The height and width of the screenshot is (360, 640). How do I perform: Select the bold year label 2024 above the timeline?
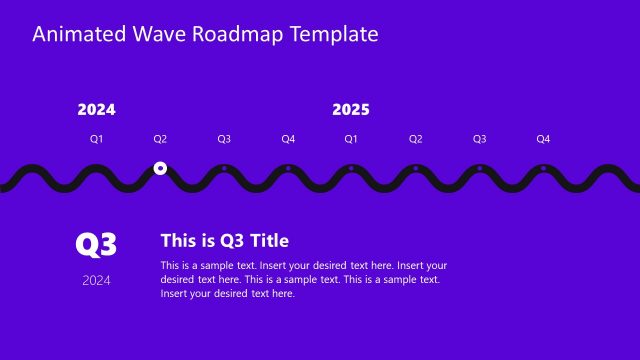pos(96,110)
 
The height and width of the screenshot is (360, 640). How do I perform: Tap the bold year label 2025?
pos(351,110)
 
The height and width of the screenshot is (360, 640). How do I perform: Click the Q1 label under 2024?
pos(96,139)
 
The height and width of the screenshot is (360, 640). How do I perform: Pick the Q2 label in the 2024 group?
pos(160,139)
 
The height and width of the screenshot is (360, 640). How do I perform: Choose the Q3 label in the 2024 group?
pos(224,139)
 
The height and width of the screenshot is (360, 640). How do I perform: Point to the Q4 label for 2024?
pos(288,139)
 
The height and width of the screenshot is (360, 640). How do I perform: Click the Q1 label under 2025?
pos(351,139)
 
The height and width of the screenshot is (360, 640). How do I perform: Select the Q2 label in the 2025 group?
pos(415,139)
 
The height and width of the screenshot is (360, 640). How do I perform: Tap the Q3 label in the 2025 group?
pos(479,139)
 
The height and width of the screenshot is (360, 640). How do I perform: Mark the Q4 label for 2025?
pos(543,139)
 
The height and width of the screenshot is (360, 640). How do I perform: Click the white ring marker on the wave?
pos(160,169)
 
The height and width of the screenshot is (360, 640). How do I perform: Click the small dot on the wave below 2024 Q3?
pos(224,168)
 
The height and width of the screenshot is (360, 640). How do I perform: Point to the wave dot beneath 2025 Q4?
pos(543,168)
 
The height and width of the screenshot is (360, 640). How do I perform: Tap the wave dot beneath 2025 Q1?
pos(351,168)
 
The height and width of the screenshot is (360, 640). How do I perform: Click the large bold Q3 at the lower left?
pos(97,244)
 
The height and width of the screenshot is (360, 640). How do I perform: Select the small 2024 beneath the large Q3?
pos(97,280)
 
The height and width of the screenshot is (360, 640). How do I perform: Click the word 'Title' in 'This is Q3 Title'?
pos(268,240)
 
